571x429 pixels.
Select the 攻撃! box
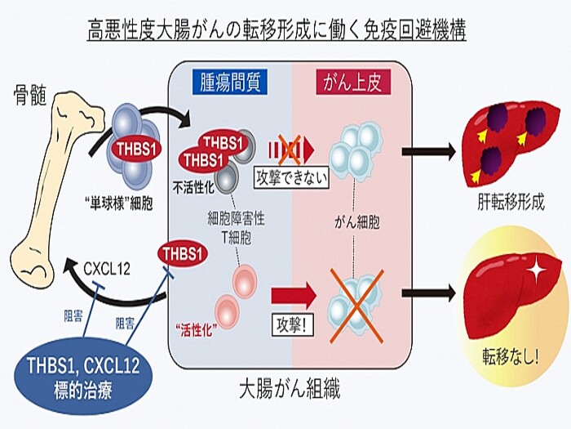click(289, 322)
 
